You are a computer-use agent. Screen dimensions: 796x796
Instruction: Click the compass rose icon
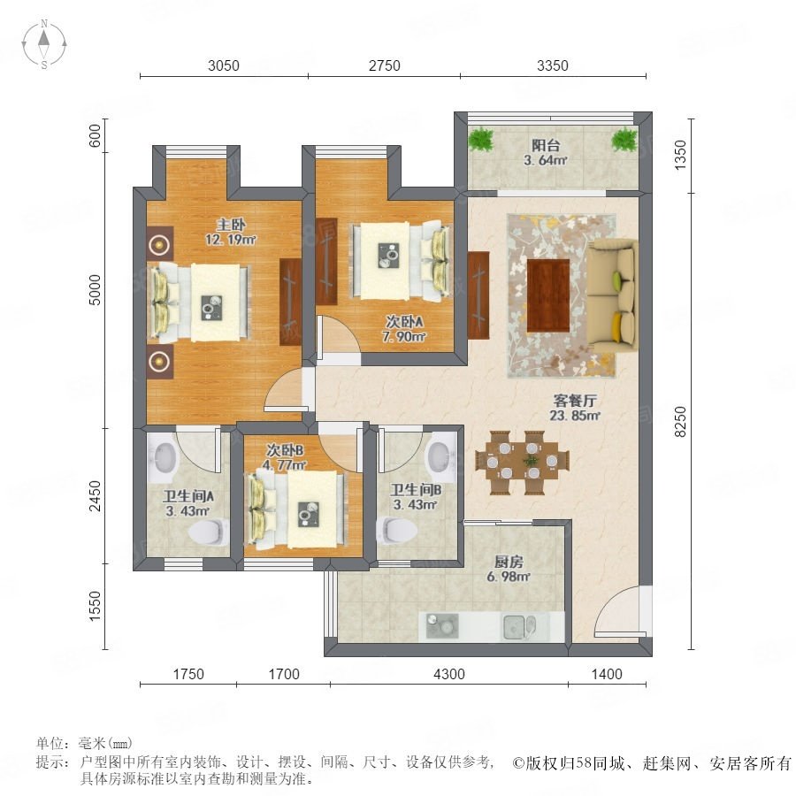(x=44, y=44)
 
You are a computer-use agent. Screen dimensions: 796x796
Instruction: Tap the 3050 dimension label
(x=224, y=65)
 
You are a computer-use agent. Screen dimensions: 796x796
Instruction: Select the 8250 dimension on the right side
(x=680, y=421)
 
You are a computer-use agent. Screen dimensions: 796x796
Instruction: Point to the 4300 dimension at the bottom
(x=449, y=674)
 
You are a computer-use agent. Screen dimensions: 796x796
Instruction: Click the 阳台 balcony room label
(x=546, y=145)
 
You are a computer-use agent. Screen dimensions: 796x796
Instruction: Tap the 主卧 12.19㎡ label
(x=231, y=232)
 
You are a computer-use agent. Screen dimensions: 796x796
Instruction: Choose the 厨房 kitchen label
(x=509, y=562)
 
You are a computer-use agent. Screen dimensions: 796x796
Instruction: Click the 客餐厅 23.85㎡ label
(x=575, y=408)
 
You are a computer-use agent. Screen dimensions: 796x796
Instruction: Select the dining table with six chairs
(x=523, y=462)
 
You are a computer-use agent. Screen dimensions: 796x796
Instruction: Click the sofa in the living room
(x=612, y=296)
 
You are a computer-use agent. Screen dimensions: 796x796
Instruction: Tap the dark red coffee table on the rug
(x=548, y=295)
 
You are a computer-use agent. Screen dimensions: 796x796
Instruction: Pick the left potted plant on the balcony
(x=480, y=139)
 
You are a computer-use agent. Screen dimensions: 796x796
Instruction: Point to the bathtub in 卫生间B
(x=440, y=457)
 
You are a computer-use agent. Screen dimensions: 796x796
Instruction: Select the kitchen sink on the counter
(x=519, y=626)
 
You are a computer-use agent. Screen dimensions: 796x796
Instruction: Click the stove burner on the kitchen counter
(x=442, y=626)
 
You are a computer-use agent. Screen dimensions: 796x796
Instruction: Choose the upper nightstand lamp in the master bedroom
(x=160, y=245)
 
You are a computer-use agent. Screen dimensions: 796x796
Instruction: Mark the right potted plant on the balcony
(x=624, y=139)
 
